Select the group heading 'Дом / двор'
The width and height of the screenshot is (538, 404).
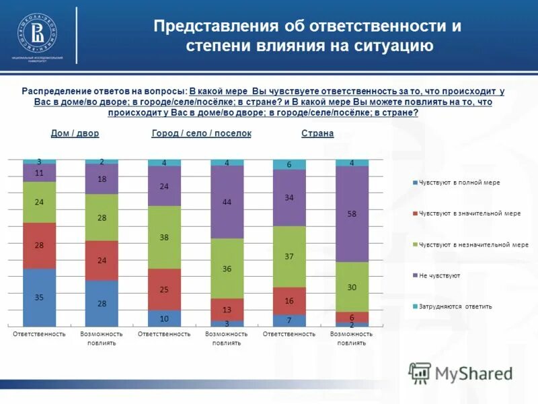(75, 133)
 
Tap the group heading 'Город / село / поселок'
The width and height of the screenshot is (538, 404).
(201, 133)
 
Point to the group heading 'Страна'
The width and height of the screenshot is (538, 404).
(317, 133)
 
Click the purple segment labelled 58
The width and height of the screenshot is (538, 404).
(352, 213)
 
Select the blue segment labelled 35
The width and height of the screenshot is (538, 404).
(40, 297)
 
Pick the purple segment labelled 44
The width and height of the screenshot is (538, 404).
(227, 202)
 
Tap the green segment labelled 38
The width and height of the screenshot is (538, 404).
(165, 237)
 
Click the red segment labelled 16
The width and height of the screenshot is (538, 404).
(289, 301)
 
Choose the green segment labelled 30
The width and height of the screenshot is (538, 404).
(352, 286)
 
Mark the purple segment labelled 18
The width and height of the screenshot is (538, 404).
(102, 179)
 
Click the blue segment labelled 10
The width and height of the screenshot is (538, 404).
(165, 318)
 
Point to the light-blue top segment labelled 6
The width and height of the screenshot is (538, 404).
(289, 164)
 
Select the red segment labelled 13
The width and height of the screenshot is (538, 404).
(227, 309)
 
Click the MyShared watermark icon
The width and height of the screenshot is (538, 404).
(420, 372)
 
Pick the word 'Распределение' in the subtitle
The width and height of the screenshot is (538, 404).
(54, 91)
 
